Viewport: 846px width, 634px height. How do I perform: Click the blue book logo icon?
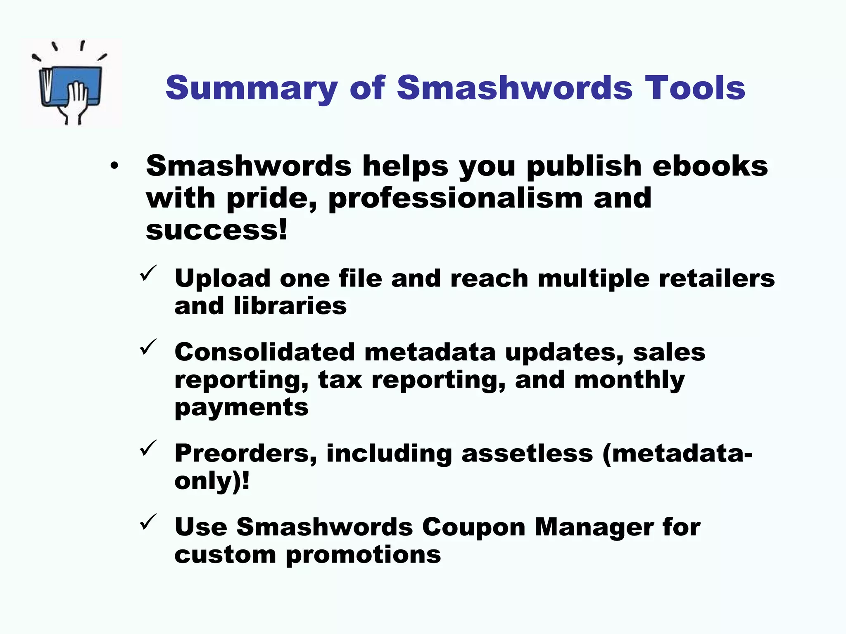(x=70, y=85)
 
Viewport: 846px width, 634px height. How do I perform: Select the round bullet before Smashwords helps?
(x=114, y=166)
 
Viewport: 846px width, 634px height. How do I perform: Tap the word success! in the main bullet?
(x=216, y=230)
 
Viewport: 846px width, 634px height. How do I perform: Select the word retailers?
(x=717, y=278)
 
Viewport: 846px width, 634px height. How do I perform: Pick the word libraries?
(x=290, y=306)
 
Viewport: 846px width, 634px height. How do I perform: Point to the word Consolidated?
(x=265, y=352)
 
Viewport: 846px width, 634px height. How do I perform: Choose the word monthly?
(x=629, y=381)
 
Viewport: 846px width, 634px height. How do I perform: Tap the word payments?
(x=242, y=408)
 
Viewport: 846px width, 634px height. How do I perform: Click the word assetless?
(x=527, y=453)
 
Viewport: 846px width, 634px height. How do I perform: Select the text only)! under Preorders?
(x=212, y=481)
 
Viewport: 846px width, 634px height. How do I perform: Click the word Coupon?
(x=473, y=527)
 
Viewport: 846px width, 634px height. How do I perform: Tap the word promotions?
(x=363, y=555)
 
